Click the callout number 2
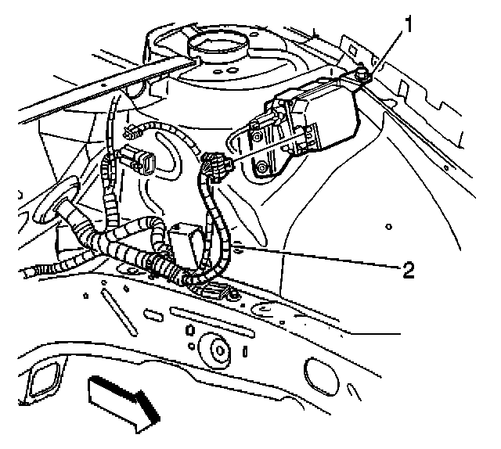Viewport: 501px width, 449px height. (x=406, y=270)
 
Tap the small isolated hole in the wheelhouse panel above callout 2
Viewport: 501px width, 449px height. (x=389, y=227)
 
